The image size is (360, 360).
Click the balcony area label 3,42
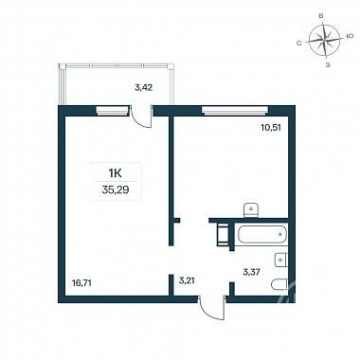tap(144, 88)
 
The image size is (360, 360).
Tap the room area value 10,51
tap(271, 128)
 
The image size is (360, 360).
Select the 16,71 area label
tap(81, 283)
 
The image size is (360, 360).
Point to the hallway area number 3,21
tap(188, 280)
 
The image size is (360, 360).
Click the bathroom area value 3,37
tap(251, 272)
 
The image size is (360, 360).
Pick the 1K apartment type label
tap(116, 173)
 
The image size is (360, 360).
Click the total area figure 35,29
tap(116, 189)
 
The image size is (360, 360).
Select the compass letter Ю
tap(350, 37)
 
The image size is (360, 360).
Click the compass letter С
tap(298, 43)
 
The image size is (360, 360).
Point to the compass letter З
tap(328, 64)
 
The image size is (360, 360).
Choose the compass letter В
tap(321, 16)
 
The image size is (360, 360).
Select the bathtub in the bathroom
tap(262, 234)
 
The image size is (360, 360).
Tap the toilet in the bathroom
tap(279, 284)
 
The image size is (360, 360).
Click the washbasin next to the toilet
tap(281, 261)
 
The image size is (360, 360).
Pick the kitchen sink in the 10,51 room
tap(251, 210)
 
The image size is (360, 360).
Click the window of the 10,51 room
tap(235, 110)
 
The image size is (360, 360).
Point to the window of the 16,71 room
tap(113, 110)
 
